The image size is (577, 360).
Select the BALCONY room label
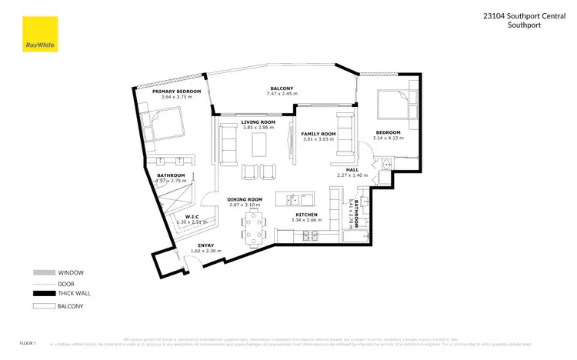(x=281, y=88)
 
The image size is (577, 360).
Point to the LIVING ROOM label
(x=258, y=122)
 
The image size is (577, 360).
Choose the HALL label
(x=352, y=170)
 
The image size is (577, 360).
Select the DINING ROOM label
(x=245, y=199)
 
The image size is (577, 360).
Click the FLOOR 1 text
(x=27, y=341)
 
